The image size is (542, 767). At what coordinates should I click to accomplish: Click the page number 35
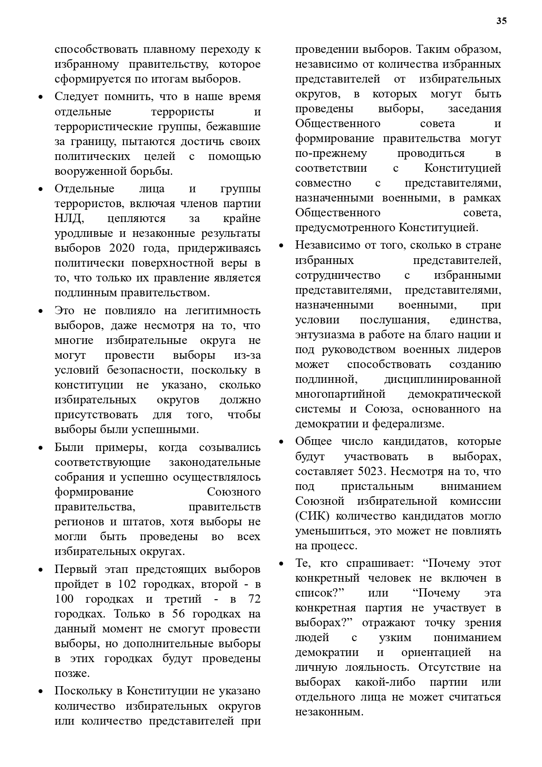coord(501,21)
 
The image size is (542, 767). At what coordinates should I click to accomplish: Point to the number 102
coord(127,584)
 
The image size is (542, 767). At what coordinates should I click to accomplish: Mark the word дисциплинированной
coord(442,379)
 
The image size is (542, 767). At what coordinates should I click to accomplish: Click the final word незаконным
coord(329,712)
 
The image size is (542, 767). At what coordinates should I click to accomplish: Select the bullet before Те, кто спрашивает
coord(282,564)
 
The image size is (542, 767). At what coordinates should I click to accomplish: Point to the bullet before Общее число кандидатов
coord(282,442)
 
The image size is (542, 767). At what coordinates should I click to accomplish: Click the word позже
coord(72,673)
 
